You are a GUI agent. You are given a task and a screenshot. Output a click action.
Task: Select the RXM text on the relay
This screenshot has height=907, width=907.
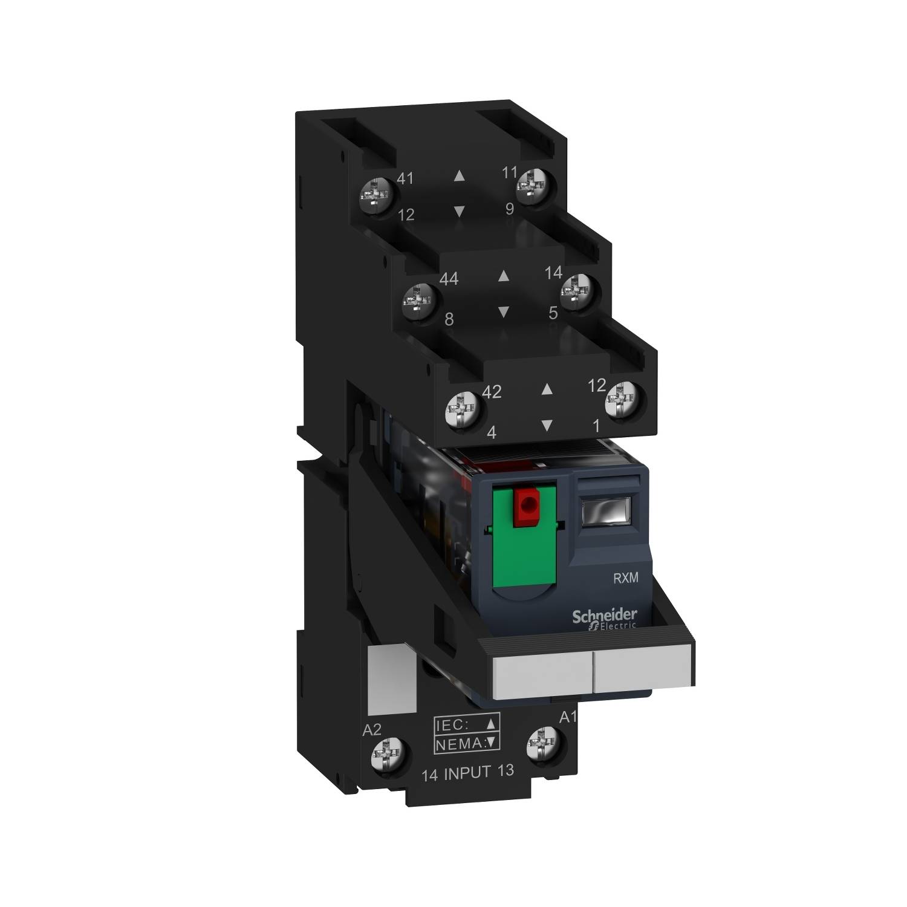[x=625, y=578]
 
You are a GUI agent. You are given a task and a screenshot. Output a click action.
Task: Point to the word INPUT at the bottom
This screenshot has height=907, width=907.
[x=469, y=772]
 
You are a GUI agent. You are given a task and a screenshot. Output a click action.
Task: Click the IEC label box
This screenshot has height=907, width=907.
[x=467, y=724]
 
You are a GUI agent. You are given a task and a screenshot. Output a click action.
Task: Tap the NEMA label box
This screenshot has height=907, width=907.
[x=467, y=743]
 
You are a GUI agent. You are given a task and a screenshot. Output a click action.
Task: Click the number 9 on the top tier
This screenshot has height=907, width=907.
[x=509, y=209]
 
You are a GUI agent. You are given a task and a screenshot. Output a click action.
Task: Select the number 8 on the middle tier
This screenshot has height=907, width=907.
[x=449, y=319]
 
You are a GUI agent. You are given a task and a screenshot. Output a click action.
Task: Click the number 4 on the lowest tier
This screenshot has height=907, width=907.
[x=491, y=433]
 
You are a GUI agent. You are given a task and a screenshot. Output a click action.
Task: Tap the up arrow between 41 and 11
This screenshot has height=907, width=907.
[x=459, y=176]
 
